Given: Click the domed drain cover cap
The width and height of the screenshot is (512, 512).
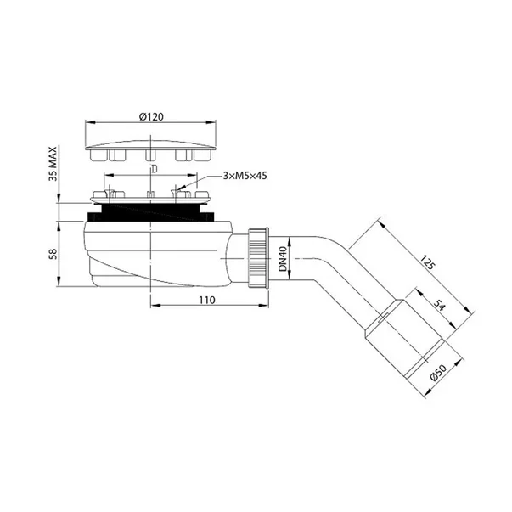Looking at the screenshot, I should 149,139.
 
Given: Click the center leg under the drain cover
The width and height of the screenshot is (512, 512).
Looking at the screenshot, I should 149,157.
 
